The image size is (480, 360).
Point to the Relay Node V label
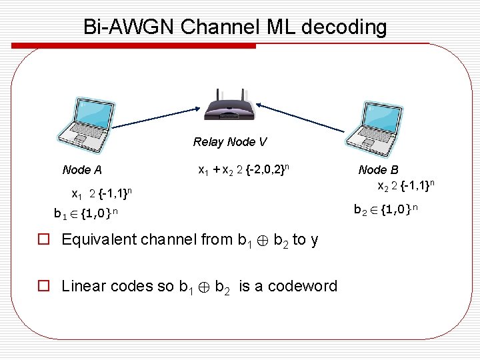pyautogui.click(x=230, y=142)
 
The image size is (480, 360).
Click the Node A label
pyautogui.click(x=86, y=170)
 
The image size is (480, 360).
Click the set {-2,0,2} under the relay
pyautogui.click(x=267, y=170)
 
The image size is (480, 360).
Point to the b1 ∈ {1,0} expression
pyautogui.click(x=86, y=214)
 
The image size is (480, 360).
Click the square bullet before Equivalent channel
pyautogui.click(x=45, y=240)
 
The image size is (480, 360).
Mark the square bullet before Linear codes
pyautogui.click(x=45, y=287)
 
